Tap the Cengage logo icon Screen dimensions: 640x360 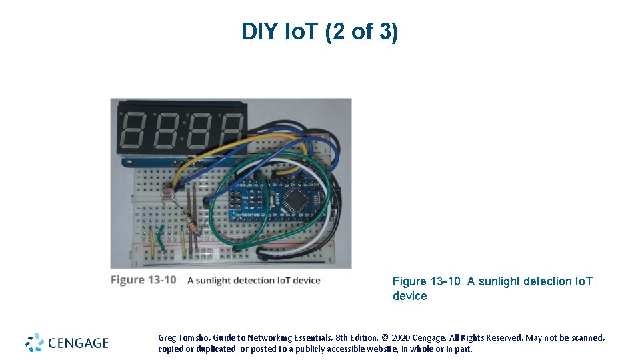pyautogui.click(x=35, y=343)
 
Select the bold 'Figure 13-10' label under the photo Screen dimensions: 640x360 pyautogui.click(x=143, y=280)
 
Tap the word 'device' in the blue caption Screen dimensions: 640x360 pyautogui.click(x=409, y=296)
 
